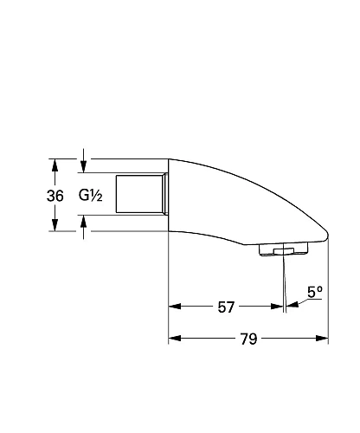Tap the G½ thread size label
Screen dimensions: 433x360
click(92, 196)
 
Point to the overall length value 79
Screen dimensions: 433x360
click(248, 339)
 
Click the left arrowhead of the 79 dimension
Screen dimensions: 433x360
click(174, 339)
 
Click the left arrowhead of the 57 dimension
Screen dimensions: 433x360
click(174, 307)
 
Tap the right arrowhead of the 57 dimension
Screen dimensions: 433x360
click(278, 307)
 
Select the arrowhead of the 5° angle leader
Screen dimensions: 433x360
click(292, 303)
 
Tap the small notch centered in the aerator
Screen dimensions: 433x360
click(276, 252)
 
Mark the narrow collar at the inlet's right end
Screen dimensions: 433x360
click(164, 196)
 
